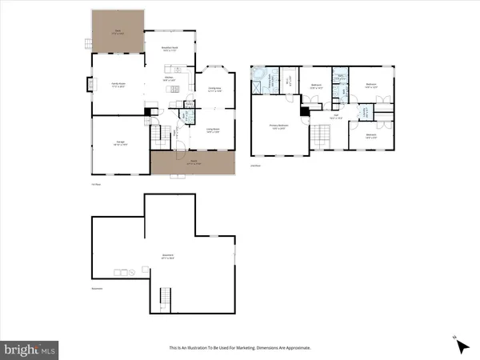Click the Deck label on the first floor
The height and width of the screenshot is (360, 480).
117,33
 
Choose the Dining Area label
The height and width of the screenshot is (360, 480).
214,90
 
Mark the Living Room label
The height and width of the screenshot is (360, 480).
214,130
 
